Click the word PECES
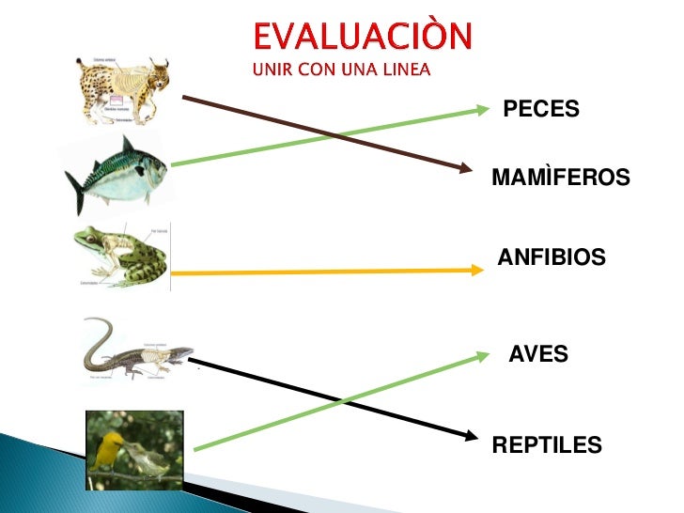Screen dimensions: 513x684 coord(541,109)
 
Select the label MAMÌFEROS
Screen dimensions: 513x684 coord(560,178)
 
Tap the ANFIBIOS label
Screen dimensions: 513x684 coord(552,256)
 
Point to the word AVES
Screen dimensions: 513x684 coord(537,354)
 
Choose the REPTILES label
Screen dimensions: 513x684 coord(546,444)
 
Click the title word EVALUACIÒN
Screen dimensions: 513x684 coord(364,38)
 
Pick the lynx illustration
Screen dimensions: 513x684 coord(123,88)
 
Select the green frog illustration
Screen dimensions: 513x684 coord(122,256)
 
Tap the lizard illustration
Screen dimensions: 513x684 coord(135,351)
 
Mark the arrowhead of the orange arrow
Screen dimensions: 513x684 coord(475,271)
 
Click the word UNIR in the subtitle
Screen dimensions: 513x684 coord(270,69)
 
